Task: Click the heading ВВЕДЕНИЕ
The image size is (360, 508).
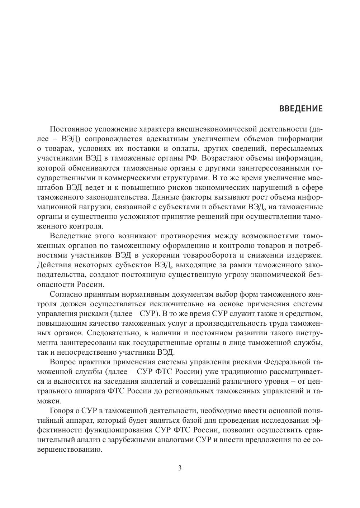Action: click(300, 109)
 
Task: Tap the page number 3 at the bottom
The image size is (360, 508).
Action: click(180, 468)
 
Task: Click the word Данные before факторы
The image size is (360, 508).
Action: click(167, 197)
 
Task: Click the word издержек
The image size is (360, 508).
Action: click(304, 255)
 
